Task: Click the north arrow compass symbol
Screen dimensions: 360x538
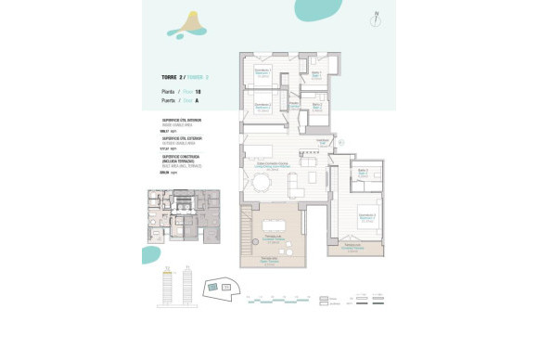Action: coord(376,18)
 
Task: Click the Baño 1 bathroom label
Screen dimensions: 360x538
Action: coord(315,75)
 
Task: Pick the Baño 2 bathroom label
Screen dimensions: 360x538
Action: coord(315,106)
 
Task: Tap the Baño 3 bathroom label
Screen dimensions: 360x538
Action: coord(363,173)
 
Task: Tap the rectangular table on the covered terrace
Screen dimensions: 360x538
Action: coord(274,225)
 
